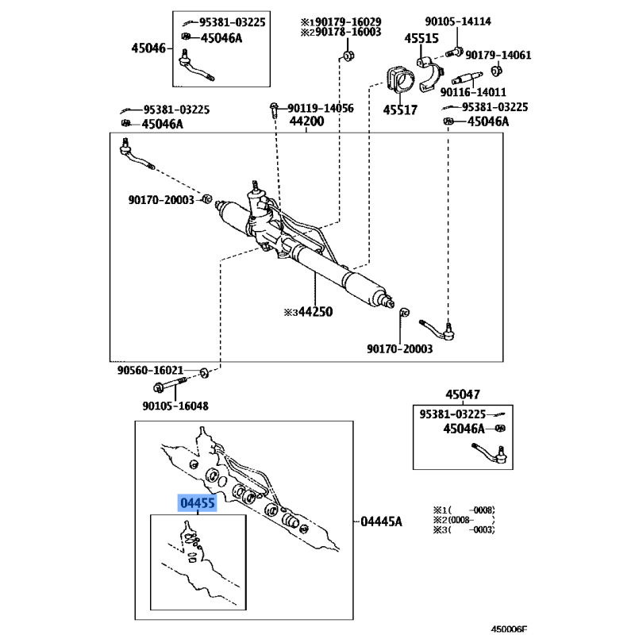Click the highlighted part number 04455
pos(197,503)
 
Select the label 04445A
pos(381,521)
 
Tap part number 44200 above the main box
pos(306,121)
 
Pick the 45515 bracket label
pos(421,38)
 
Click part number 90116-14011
pos(473,92)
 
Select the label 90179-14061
pos(498,55)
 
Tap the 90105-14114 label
pos(458,21)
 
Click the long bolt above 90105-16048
pos(170,384)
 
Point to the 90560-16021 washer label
pos(150,370)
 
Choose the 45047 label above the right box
pos(463,394)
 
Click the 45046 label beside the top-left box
pos(148,48)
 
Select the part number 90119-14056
pos(321,108)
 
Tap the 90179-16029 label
pos(348,21)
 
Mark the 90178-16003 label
pos(348,32)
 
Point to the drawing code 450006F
pos(509,629)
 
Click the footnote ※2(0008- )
pos(464,520)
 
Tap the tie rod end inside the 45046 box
pos(196,66)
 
